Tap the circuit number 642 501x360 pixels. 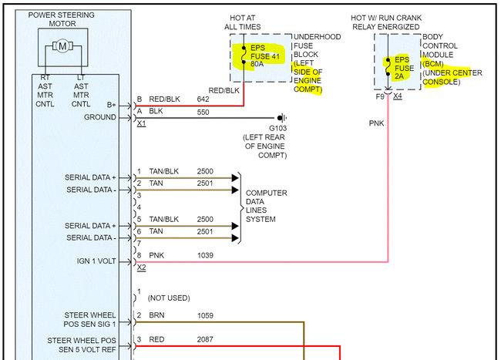[203, 99]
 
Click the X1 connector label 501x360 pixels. [141, 123]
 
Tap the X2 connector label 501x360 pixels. [141, 267]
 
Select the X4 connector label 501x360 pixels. [397, 96]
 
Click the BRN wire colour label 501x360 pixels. [157, 315]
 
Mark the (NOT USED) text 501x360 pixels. [170, 298]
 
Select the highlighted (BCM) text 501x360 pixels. [434, 65]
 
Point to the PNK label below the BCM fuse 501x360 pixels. [376, 123]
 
